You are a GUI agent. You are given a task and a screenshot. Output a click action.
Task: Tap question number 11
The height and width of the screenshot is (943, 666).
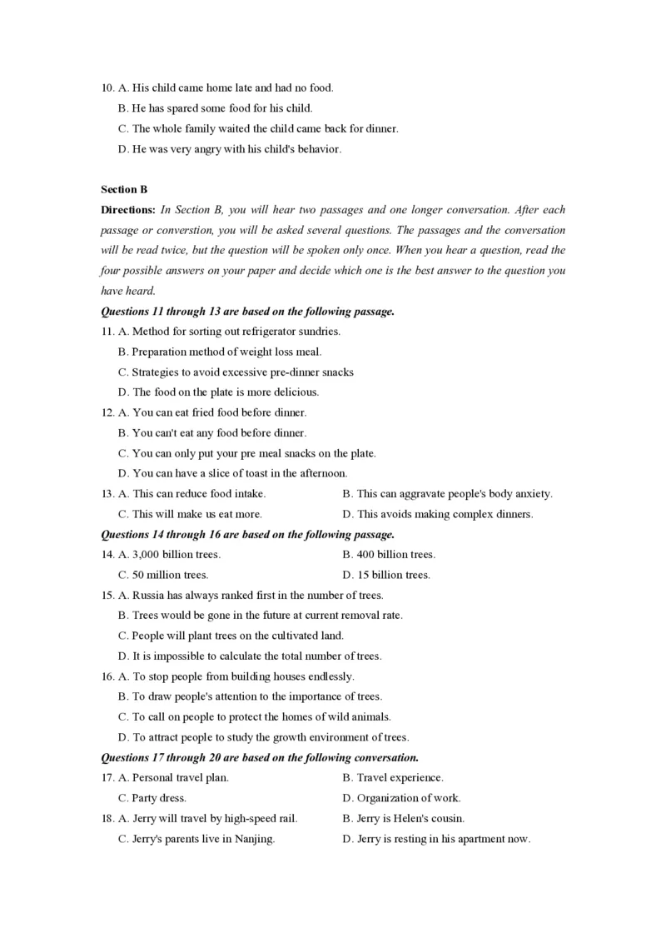[x=107, y=332]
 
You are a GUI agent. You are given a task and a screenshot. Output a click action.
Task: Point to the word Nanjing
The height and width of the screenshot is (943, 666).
[x=253, y=839]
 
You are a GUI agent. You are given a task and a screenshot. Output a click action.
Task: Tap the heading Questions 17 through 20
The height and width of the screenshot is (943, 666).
[x=259, y=757]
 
